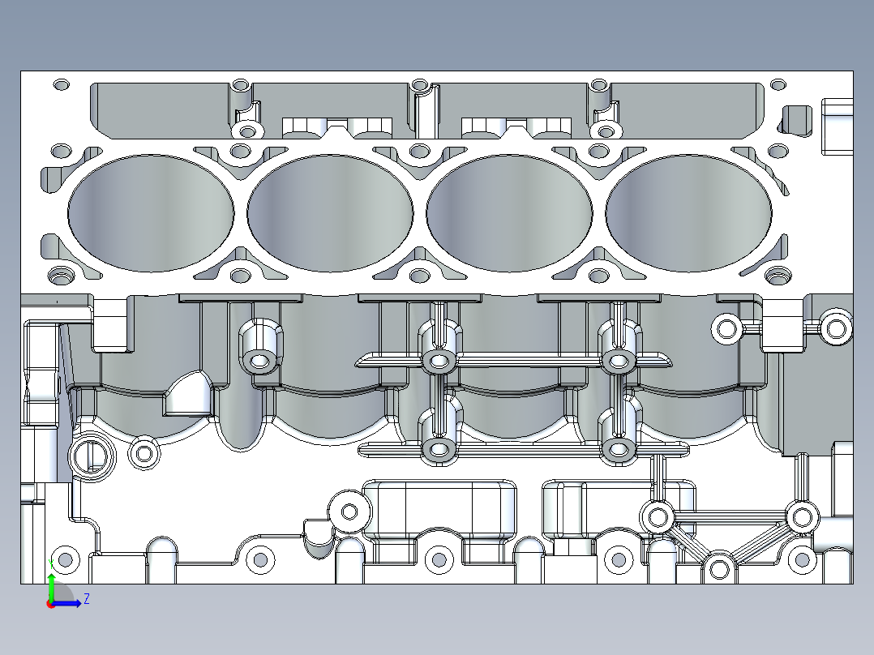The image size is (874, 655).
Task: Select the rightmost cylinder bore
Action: click(x=689, y=213)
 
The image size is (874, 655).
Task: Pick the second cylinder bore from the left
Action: click(x=330, y=213)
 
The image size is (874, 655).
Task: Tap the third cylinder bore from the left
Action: click(x=509, y=213)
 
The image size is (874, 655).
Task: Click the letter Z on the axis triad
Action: click(x=87, y=599)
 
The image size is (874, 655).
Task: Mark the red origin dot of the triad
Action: click(x=50, y=603)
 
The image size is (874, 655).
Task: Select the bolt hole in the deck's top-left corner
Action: click(x=61, y=84)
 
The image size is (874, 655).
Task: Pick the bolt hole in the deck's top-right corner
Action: click(x=778, y=84)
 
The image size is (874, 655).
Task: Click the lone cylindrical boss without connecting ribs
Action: click(x=260, y=359)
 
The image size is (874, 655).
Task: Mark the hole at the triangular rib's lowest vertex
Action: click(x=718, y=569)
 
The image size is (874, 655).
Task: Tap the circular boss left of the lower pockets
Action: click(x=349, y=512)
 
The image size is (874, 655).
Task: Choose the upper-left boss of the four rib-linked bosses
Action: click(x=439, y=360)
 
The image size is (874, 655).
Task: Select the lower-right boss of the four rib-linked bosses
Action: click(x=619, y=448)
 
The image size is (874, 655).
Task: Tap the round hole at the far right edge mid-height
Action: click(x=836, y=327)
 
